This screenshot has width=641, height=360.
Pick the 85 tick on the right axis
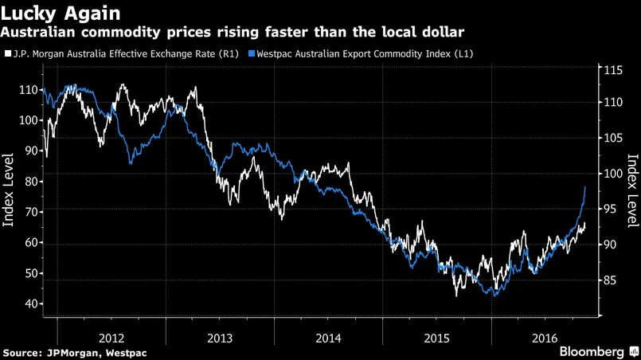[x=611, y=280]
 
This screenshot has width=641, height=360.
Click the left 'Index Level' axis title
[x=11, y=191]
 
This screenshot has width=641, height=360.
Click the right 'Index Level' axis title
[x=632, y=191]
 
